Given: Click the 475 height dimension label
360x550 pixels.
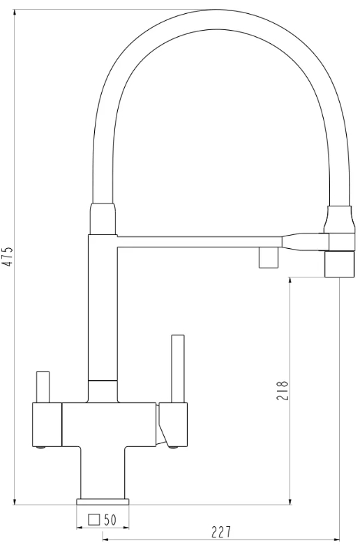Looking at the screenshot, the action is click(9, 257).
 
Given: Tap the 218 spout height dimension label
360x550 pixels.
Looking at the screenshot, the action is click(283, 391).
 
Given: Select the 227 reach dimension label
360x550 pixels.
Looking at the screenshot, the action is click(221, 532).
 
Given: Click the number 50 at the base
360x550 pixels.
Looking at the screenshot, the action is click(110, 520).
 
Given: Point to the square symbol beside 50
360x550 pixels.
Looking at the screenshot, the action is click(94, 519).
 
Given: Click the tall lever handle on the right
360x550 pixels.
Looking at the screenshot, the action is click(177, 368).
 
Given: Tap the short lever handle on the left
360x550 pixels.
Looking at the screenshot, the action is click(43, 386).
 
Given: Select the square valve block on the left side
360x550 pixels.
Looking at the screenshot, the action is click(47, 425).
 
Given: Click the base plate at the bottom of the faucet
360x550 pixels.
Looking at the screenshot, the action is click(103, 501).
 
